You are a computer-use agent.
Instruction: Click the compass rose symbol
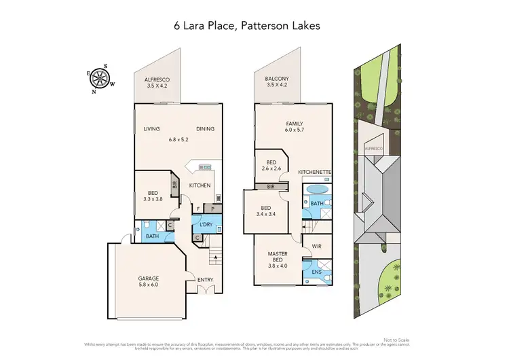(x=100, y=78)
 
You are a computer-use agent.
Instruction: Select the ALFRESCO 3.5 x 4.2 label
(x=157, y=84)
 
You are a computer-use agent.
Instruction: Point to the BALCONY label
(x=276, y=79)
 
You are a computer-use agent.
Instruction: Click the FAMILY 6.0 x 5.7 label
(x=293, y=127)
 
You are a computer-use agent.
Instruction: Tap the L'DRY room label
(x=206, y=224)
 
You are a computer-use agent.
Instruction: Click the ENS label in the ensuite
(x=316, y=272)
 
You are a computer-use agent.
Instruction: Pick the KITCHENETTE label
(x=315, y=173)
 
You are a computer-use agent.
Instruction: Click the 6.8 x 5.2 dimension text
(x=178, y=140)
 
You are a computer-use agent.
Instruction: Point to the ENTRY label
(x=205, y=280)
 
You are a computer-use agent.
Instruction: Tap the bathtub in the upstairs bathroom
(x=316, y=189)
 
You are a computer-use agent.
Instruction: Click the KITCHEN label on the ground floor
(x=200, y=185)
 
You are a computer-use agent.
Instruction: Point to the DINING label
(x=206, y=128)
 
